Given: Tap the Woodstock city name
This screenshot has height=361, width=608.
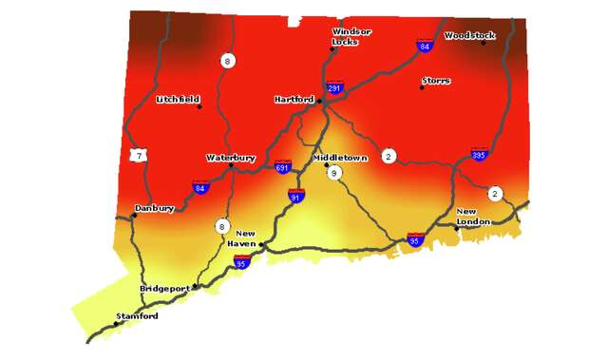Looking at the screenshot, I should click(x=469, y=35).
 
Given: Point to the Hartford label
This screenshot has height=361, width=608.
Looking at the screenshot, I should click(x=293, y=98).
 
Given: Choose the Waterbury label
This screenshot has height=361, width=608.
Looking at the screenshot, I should click(x=231, y=158).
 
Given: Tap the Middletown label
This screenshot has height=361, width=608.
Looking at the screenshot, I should click(x=339, y=158).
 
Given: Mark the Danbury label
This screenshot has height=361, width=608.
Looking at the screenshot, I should click(x=155, y=207).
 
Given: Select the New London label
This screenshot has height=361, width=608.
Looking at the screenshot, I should click(x=472, y=216).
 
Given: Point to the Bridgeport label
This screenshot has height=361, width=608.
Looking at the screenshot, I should click(x=165, y=287).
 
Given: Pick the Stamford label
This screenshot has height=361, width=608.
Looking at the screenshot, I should click(x=137, y=315).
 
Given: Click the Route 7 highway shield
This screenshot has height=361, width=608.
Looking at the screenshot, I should click(x=140, y=155).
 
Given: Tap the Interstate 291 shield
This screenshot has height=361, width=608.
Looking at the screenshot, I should click(x=334, y=88).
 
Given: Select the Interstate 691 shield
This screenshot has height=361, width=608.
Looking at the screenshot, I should click(x=282, y=167).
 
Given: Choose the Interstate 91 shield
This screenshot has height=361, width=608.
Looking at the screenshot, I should click(x=296, y=197).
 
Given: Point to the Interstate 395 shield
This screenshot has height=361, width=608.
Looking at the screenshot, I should click(x=480, y=153).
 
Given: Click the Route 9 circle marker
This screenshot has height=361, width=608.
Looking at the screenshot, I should click(x=333, y=173).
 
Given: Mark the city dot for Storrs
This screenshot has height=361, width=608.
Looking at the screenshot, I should click(x=422, y=88).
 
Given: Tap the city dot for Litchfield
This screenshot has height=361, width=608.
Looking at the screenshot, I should click(x=199, y=106).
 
